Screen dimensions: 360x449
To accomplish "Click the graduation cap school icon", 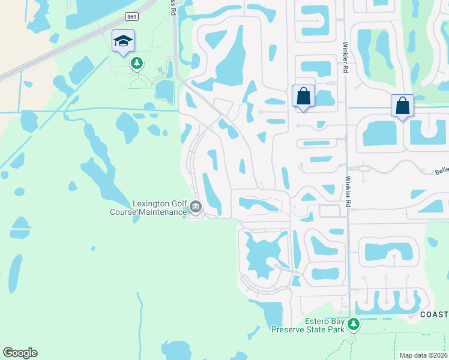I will point(123,41).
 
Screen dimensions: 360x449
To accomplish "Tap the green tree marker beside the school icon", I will point(137,62).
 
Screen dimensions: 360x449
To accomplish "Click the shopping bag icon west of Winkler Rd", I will point(303,96).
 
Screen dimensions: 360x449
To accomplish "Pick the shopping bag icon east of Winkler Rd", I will point(402,106).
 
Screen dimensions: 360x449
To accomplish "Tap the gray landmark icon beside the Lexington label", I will point(196,208).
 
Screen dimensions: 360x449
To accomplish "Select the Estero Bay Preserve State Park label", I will point(308,326).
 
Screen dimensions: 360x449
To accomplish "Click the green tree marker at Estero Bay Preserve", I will point(354,325).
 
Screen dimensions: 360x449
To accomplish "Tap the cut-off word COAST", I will point(434,315).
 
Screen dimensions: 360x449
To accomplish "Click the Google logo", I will point(20,353).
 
